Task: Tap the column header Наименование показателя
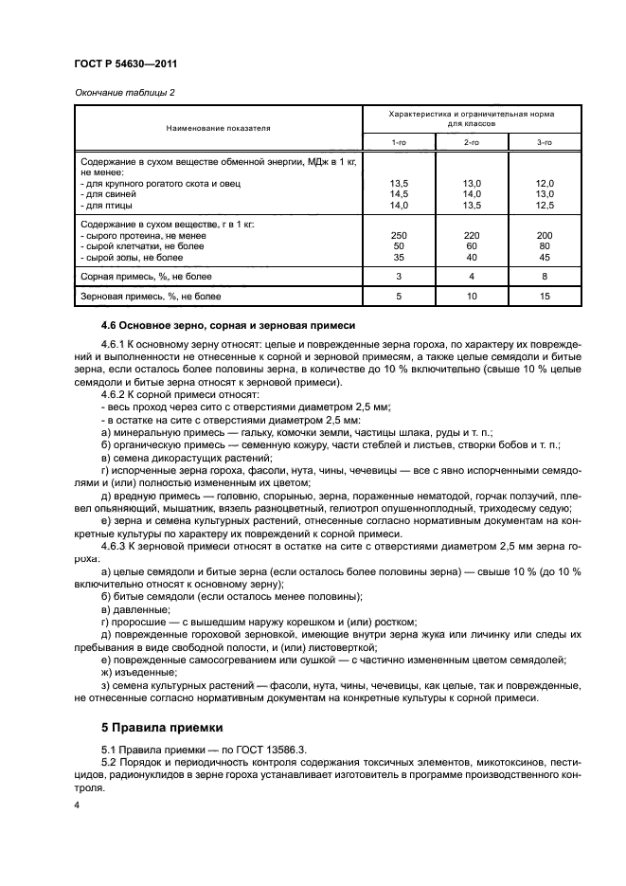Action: (x=219, y=126)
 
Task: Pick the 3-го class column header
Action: (x=544, y=141)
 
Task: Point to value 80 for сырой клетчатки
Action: (x=544, y=244)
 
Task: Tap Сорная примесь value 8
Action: (x=544, y=276)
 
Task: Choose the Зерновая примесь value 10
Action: (x=471, y=297)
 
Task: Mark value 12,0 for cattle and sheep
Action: (x=544, y=182)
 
